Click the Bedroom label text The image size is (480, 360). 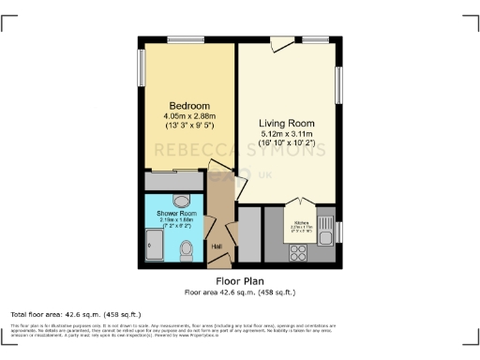(x=188, y=104)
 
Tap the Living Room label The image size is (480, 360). (x=286, y=123)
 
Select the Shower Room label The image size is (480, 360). (x=175, y=214)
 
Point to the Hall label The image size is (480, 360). (x=217, y=247)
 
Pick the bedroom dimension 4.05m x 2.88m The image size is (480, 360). (x=188, y=115)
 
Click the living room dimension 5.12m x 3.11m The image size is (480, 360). (x=286, y=135)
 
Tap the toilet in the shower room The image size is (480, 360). (x=187, y=249)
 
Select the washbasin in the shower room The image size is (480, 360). (x=181, y=200)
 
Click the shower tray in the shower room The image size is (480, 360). (x=155, y=245)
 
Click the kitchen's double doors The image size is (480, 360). (x=301, y=202)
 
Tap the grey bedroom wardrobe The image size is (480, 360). (x=173, y=180)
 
